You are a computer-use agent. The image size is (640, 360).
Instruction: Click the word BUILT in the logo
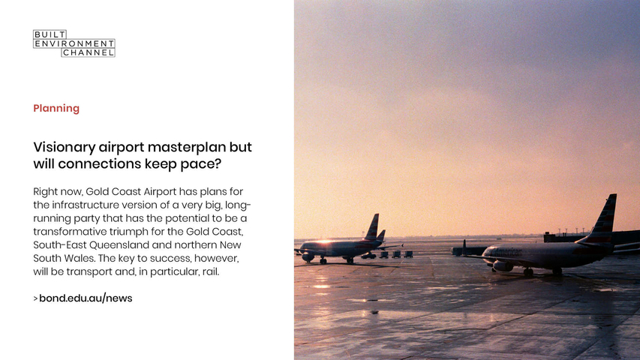coord(49,34)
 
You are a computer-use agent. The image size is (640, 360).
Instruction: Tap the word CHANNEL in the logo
coord(89,52)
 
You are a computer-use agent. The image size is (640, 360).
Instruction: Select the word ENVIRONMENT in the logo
coord(74,43)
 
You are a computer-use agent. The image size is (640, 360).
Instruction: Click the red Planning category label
coord(56,108)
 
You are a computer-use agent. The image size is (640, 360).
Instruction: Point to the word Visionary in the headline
coord(64,147)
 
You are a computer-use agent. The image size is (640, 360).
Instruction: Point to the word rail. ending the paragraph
coord(211,271)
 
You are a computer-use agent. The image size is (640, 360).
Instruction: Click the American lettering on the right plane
coord(508,252)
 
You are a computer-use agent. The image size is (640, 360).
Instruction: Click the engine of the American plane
coord(503,266)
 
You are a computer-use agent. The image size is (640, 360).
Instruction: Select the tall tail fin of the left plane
coord(372,227)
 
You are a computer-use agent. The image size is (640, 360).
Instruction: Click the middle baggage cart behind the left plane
coord(396,254)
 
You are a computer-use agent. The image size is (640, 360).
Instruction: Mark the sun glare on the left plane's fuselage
coord(324,242)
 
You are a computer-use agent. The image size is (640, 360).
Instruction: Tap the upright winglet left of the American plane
coord(464,247)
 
